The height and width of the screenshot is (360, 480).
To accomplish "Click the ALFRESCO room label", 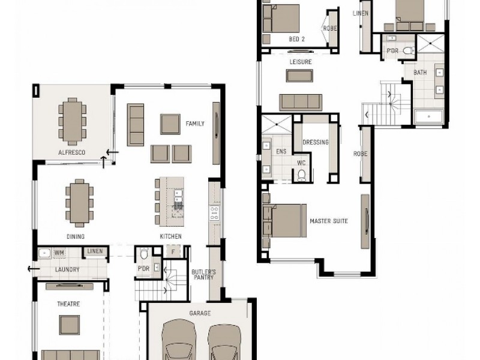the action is pyautogui.click(x=71, y=152).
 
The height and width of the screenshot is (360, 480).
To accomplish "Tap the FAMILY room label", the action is pyautogui.click(x=194, y=124).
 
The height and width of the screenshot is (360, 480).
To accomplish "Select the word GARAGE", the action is pyautogui.click(x=200, y=313).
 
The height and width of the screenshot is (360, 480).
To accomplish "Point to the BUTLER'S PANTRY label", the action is pyautogui.click(x=203, y=275).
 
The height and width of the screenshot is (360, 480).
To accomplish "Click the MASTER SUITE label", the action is pyautogui.click(x=329, y=221).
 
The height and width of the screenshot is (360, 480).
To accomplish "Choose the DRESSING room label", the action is pyautogui.click(x=316, y=142).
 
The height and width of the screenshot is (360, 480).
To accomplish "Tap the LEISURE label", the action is pyautogui.click(x=301, y=62).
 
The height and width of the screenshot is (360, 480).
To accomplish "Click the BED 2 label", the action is pyautogui.click(x=296, y=39).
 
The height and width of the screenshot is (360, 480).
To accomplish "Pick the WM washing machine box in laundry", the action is pyautogui.click(x=59, y=253).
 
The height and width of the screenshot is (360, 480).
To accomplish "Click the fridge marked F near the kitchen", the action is pyautogui.click(x=173, y=252).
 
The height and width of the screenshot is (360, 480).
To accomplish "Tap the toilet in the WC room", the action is pyautogui.click(x=302, y=175).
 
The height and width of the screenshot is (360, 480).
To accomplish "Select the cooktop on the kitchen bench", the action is pyautogui.click(x=214, y=213).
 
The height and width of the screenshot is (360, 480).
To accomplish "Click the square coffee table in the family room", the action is pyautogui.click(x=170, y=124).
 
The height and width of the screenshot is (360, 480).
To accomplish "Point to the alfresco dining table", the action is pyautogui.click(x=72, y=122).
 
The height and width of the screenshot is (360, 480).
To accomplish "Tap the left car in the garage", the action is pyautogui.click(x=179, y=340).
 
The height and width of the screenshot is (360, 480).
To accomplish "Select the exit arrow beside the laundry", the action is pyautogui.click(x=34, y=269).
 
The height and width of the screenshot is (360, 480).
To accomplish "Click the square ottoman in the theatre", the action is pyautogui.click(x=70, y=325).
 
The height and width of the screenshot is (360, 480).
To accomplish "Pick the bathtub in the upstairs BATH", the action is pyautogui.click(x=428, y=116).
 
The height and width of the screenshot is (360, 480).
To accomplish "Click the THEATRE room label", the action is pyautogui.click(x=68, y=304).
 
